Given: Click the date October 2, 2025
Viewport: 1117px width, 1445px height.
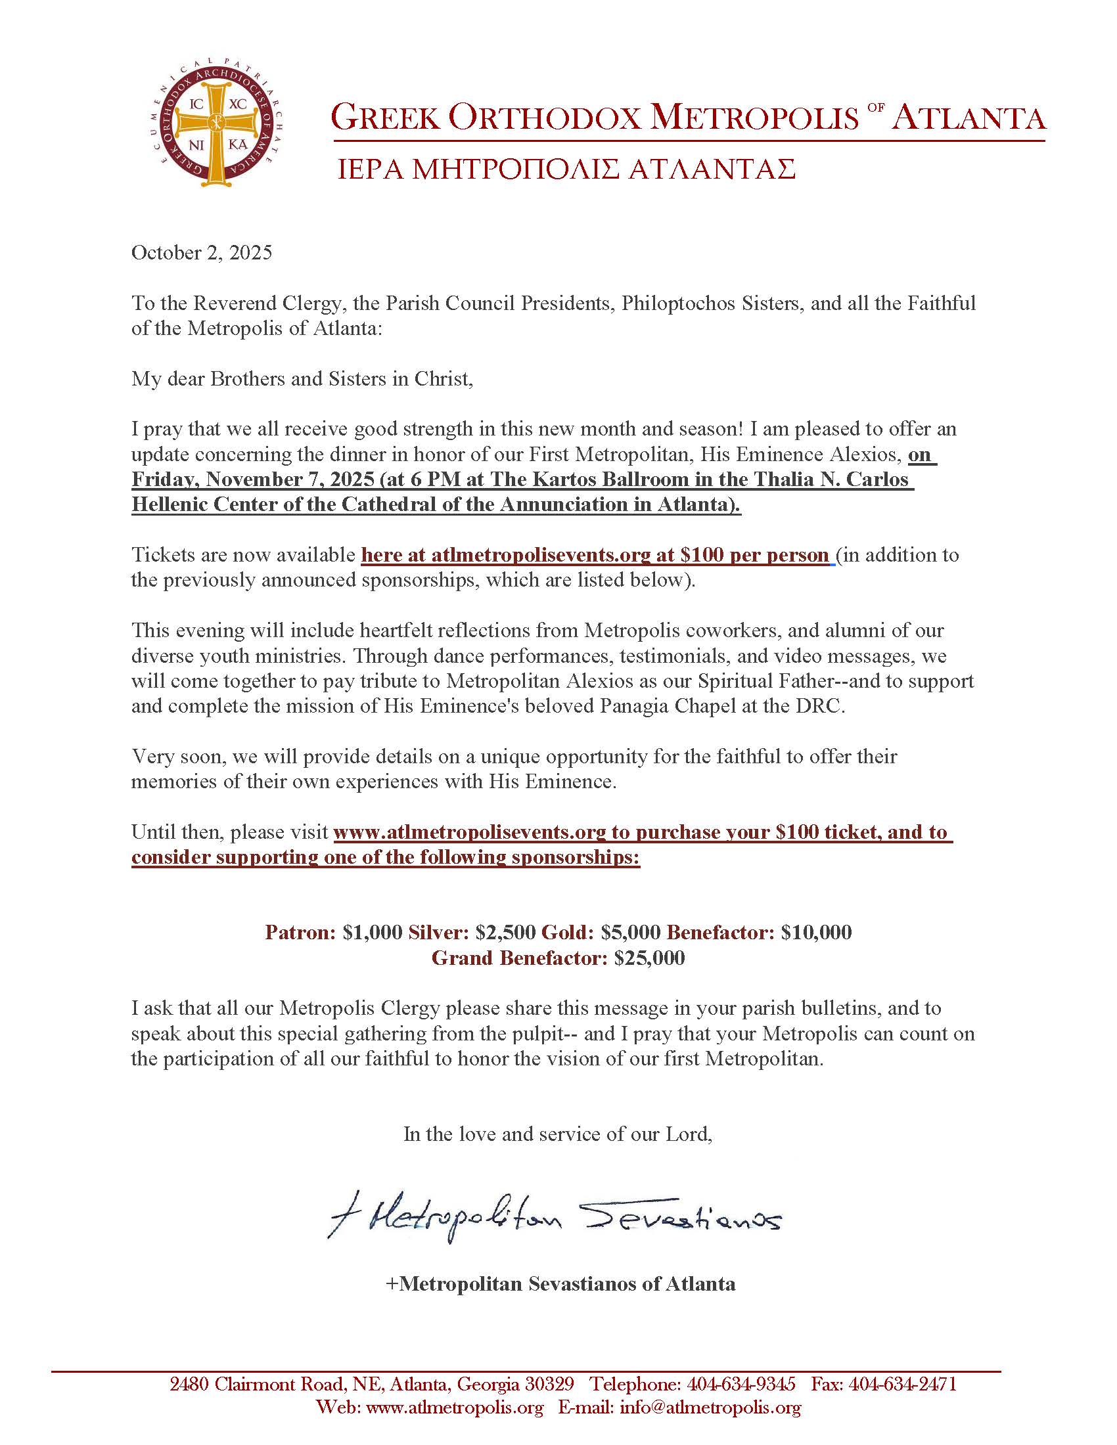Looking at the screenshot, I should coord(201,254).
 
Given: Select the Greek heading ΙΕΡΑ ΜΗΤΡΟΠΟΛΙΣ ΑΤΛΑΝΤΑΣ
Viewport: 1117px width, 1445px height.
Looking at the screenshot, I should coord(566,170).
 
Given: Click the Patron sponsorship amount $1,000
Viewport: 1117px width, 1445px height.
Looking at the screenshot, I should coord(373,933).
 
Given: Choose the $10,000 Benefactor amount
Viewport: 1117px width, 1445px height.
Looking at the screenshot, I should coord(816,933).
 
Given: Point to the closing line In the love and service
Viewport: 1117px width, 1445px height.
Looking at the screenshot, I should coord(558,1135).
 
